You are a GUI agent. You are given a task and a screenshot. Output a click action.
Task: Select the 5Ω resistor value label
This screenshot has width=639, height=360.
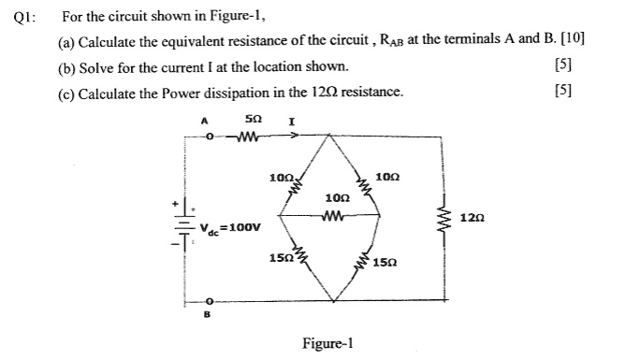(x=252, y=121)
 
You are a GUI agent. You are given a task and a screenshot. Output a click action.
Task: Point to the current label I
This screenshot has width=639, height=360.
(x=293, y=122)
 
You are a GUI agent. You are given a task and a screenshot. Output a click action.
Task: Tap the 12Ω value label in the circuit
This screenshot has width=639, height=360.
(x=472, y=218)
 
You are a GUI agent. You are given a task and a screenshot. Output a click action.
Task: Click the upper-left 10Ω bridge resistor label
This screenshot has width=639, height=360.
(x=280, y=177)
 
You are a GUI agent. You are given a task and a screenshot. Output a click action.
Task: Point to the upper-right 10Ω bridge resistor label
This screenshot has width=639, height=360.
(x=386, y=177)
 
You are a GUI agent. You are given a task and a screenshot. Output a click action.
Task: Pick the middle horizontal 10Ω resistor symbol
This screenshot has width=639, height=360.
(x=334, y=215)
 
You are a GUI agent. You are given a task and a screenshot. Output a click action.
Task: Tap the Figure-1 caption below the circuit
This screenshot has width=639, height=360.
(x=327, y=342)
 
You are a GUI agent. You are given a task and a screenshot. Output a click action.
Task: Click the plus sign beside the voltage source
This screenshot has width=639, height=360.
(x=172, y=202)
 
